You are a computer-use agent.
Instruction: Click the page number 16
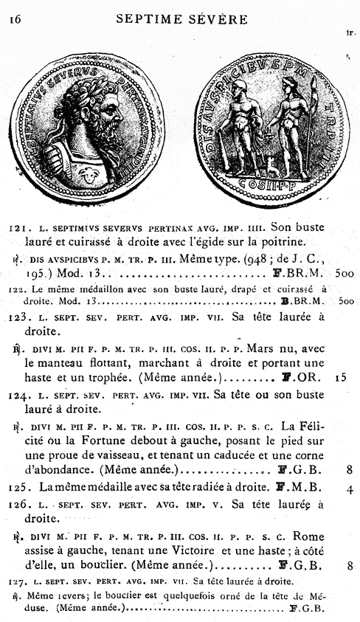(14, 20)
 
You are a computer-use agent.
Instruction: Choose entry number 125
(19, 488)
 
